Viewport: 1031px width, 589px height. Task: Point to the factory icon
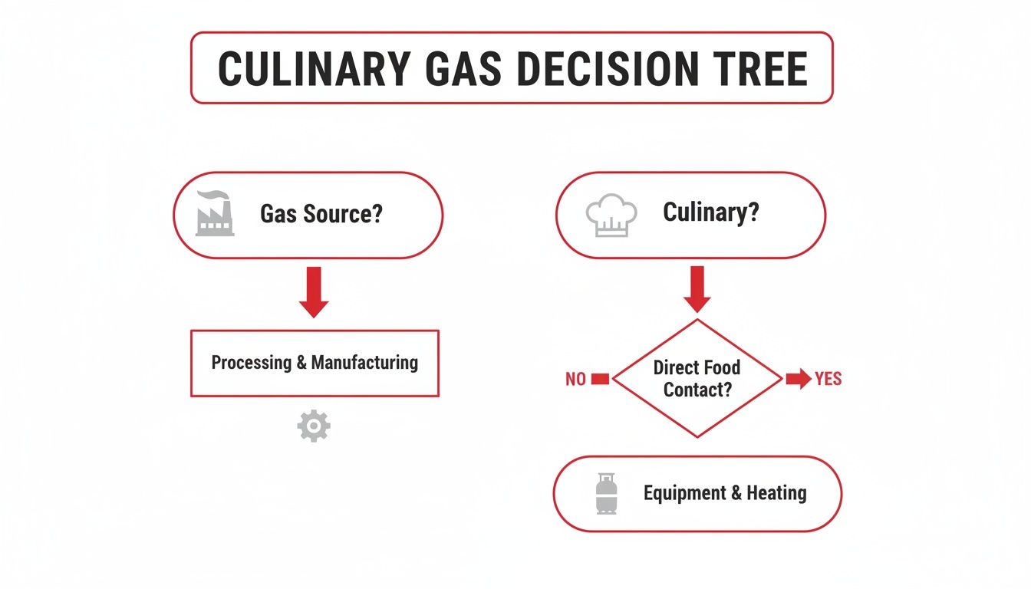215,214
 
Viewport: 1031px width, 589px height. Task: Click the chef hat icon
611,215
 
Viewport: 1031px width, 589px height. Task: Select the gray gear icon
314,426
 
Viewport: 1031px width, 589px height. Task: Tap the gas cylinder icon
606,493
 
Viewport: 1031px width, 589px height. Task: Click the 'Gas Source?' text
321,214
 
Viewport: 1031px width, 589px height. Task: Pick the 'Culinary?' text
710,212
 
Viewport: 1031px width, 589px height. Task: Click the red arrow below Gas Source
314,291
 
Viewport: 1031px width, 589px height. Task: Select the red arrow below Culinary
697,289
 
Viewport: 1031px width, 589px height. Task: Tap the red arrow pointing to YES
798,379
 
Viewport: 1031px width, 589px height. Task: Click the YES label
828,379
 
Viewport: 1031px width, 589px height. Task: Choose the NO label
575,379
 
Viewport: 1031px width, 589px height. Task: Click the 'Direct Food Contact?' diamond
697,378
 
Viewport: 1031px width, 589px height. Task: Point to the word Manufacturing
364,363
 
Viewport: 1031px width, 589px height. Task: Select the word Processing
252,363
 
